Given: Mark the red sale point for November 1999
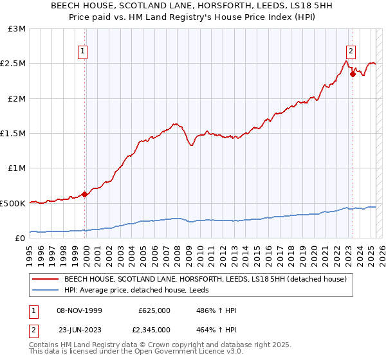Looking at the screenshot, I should pos(84,194).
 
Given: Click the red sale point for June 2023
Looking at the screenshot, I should pos(353,75).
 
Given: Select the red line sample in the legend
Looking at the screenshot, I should pos(46,279).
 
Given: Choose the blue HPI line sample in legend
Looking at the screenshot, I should pos(46,290).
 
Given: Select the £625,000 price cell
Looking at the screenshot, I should pos(154,310).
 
